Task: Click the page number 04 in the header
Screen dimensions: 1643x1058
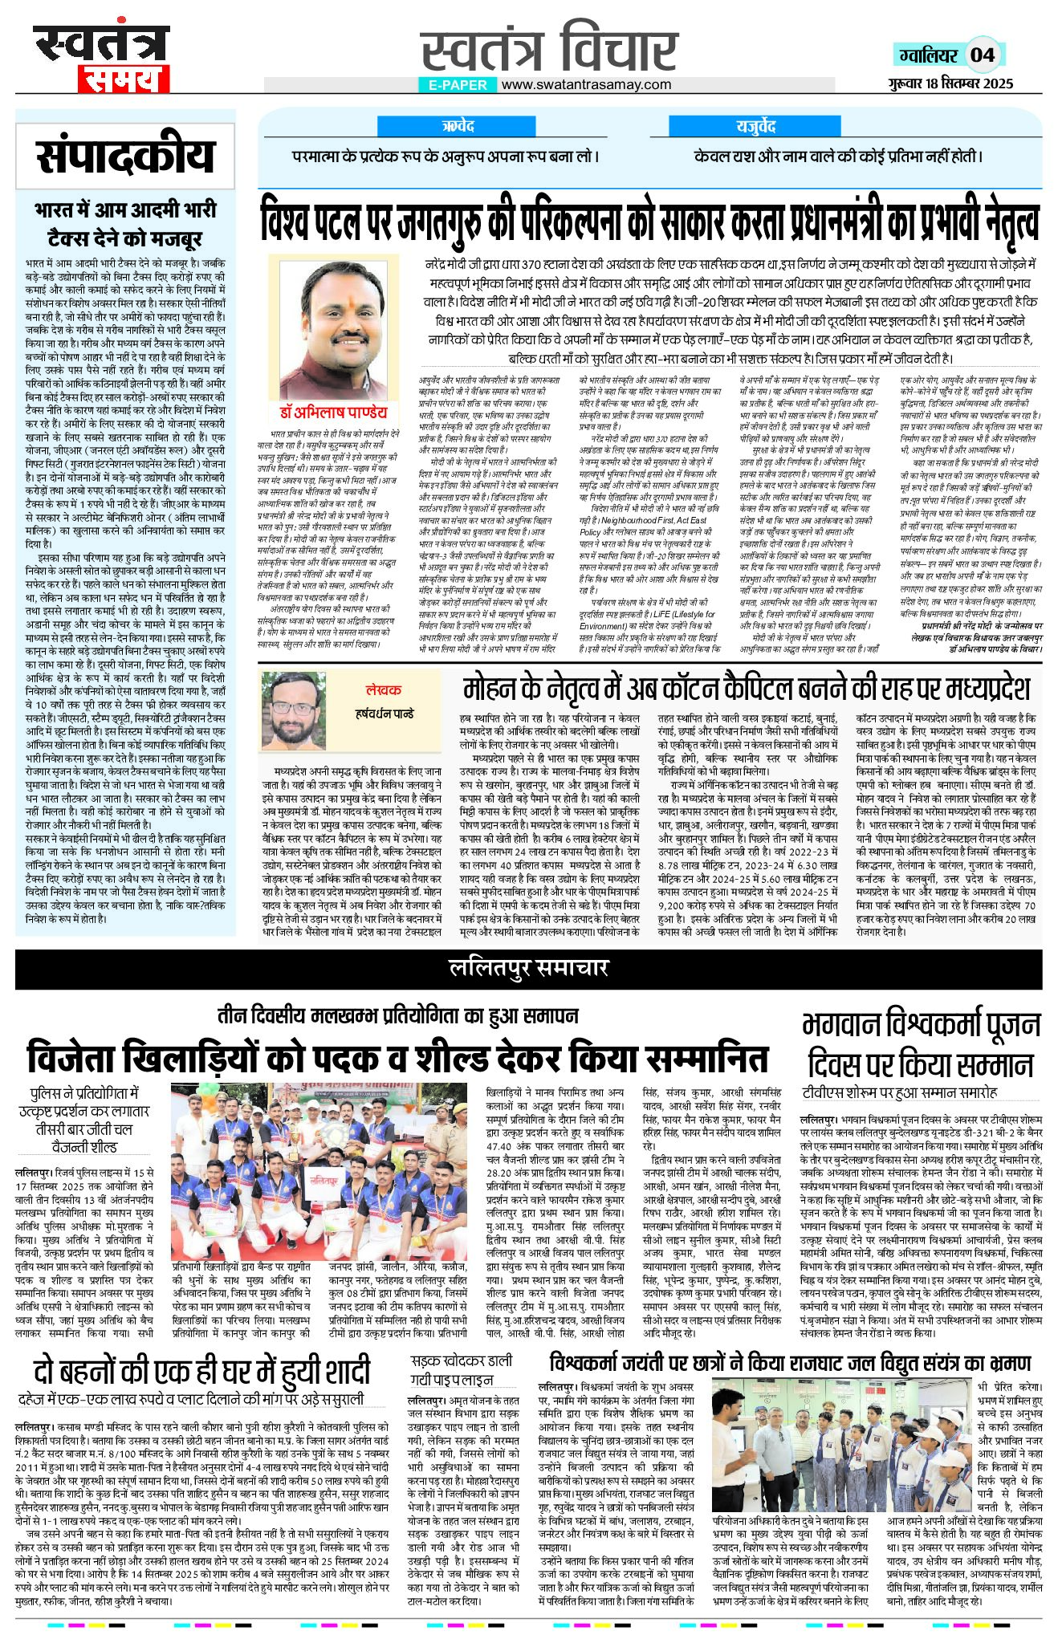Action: tap(983, 55)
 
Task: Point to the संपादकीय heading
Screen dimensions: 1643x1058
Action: tap(127, 157)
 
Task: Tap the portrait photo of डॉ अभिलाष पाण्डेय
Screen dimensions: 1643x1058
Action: tap(334, 329)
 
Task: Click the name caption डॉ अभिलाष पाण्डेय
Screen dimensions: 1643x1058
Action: tap(334, 413)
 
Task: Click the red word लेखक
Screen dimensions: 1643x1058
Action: tap(383, 689)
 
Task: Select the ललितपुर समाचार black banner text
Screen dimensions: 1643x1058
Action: tap(528, 969)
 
